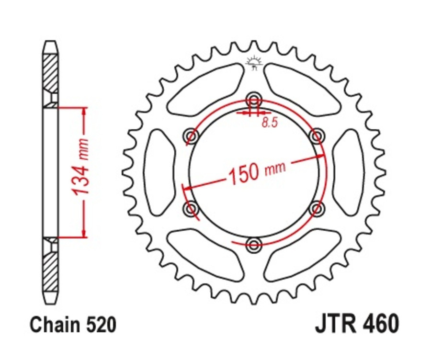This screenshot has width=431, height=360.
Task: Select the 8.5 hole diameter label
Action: coord(270,123)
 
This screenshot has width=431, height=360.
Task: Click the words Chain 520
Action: coord(73,325)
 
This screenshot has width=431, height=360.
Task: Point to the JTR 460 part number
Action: coord(356,324)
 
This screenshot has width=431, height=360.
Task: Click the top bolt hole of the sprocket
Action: coord(254,101)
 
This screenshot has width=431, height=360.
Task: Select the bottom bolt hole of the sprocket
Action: coord(254,246)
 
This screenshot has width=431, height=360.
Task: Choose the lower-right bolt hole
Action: coord(317,209)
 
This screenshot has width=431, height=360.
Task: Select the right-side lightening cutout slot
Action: coord(349,173)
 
